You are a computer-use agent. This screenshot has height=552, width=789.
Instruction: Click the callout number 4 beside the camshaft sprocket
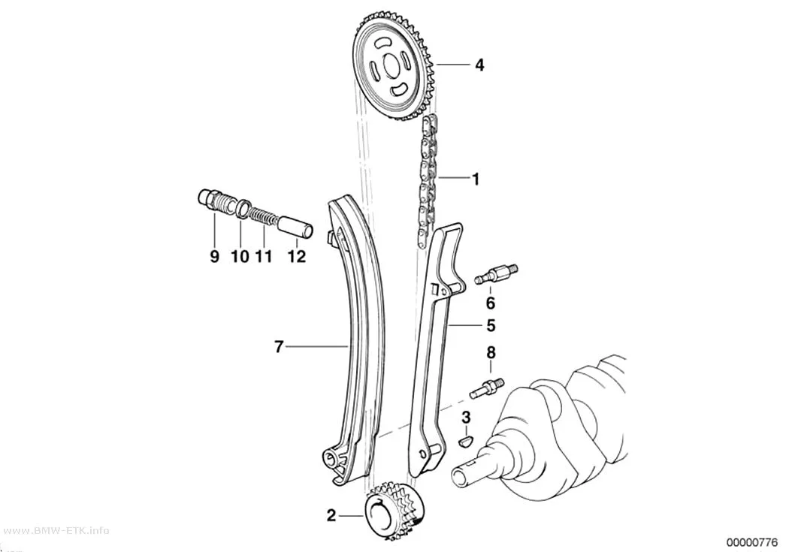tap(479, 65)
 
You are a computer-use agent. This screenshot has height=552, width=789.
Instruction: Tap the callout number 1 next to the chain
tap(475, 179)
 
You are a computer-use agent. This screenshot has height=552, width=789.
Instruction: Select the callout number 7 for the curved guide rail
tap(280, 347)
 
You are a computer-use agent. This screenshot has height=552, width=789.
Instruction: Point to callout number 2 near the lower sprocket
tap(331, 516)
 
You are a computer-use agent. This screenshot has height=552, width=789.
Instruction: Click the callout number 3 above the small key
tap(467, 417)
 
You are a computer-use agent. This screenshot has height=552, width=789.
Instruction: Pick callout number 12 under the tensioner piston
tap(297, 256)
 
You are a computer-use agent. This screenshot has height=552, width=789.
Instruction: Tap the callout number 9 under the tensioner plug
tap(215, 256)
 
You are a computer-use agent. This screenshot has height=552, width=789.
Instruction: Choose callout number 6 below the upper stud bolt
tap(491, 303)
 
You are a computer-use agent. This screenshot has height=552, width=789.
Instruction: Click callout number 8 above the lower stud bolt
tap(491, 353)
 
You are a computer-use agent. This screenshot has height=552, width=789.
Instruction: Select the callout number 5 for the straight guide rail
tap(491, 326)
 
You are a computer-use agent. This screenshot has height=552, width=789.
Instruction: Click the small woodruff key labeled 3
tap(467, 442)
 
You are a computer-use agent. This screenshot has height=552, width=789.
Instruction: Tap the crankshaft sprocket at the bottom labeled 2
tap(394, 511)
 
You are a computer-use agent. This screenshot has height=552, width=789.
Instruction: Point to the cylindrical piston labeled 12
tap(296, 226)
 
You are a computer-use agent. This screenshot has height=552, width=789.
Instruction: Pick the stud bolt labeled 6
tap(497, 273)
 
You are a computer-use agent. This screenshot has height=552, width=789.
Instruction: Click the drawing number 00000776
tap(752, 542)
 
